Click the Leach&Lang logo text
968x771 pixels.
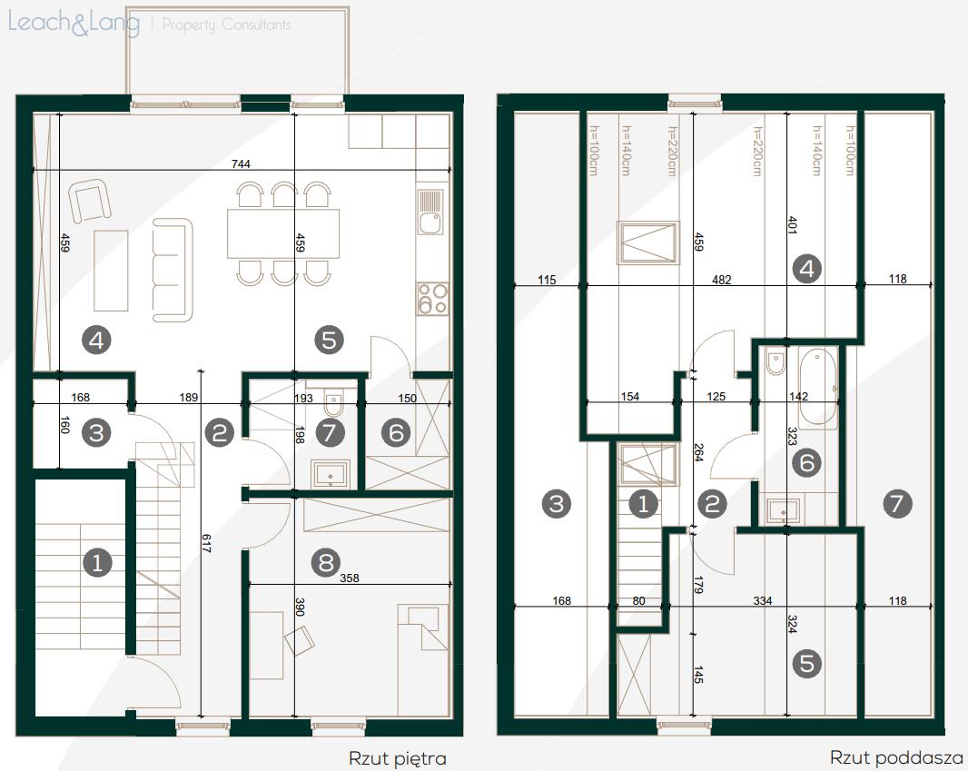(74, 24)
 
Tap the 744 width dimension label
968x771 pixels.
(241, 163)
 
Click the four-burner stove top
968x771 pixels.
(431, 298)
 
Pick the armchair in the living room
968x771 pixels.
(90, 200)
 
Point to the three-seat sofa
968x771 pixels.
(173, 270)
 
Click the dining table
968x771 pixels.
(283, 233)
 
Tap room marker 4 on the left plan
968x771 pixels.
(96, 341)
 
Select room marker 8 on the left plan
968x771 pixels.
(326, 562)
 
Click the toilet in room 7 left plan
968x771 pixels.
(333, 406)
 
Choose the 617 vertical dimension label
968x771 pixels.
(206, 543)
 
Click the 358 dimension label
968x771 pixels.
(350, 578)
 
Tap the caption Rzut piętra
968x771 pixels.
(398, 758)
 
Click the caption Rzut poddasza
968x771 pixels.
(896, 757)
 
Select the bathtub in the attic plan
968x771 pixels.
(817, 388)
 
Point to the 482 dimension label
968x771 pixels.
(721, 280)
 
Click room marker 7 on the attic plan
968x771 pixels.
(897, 504)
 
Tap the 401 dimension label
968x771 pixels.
(792, 224)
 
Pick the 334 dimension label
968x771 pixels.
(763, 600)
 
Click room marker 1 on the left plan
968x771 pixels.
(97, 562)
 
